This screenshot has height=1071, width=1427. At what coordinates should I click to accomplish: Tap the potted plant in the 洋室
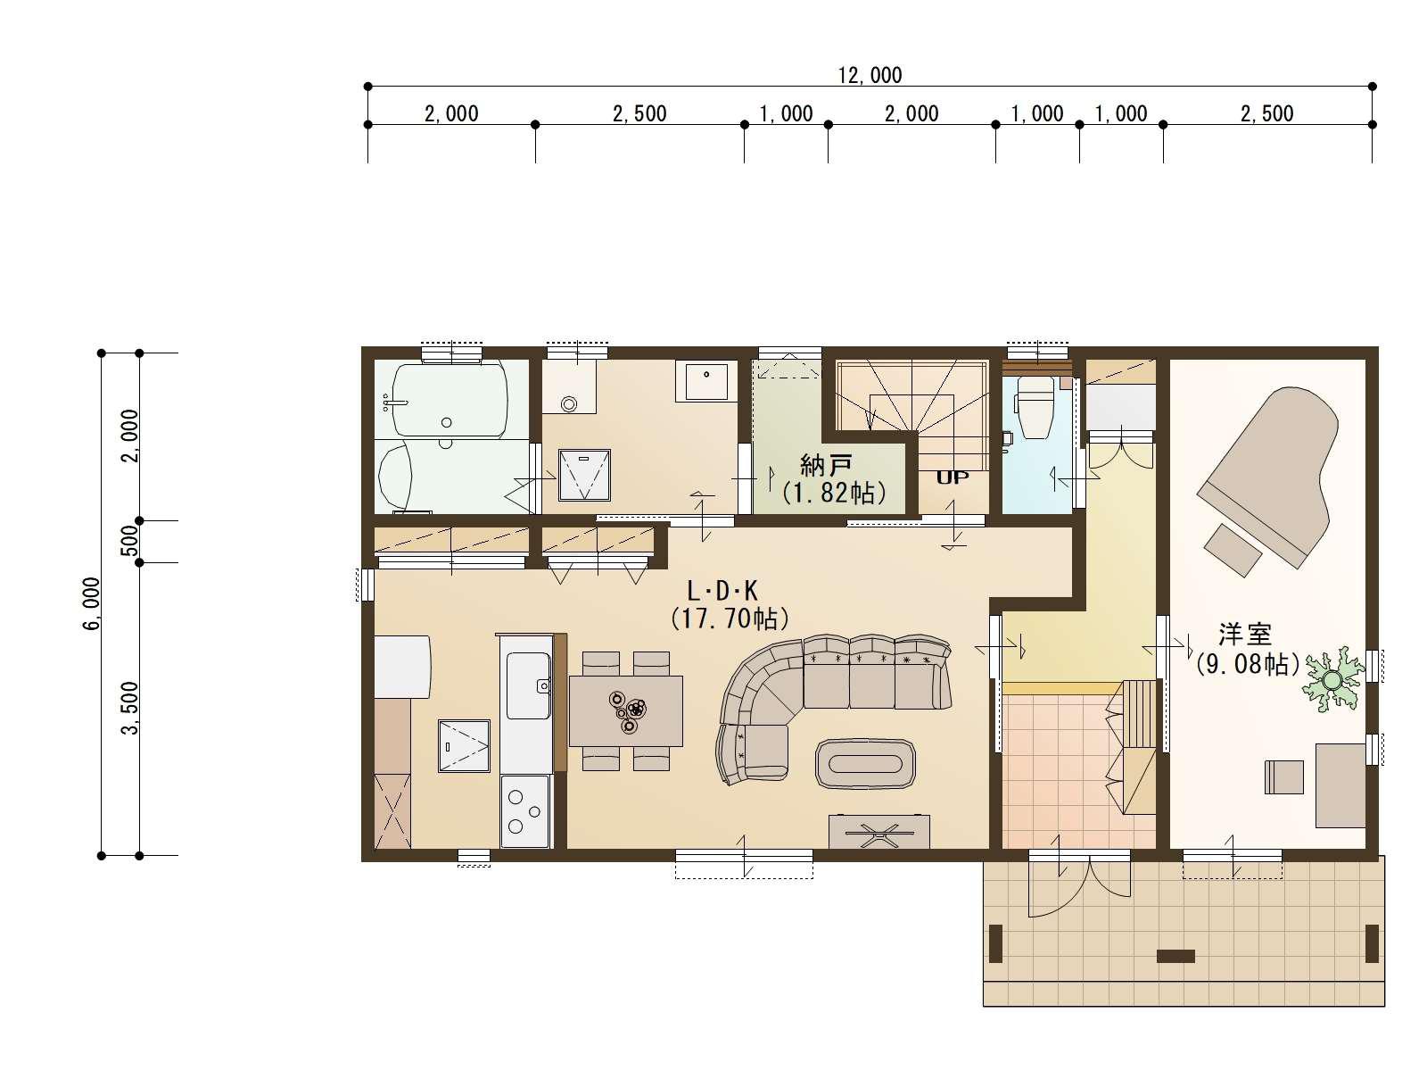coord(1331,679)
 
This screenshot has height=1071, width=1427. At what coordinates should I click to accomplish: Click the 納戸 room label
coord(825,466)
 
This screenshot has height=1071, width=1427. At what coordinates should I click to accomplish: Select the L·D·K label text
coord(722,591)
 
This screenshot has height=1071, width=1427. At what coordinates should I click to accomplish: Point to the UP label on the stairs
coord(953,477)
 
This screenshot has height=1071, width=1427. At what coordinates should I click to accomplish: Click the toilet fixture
coord(1035,408)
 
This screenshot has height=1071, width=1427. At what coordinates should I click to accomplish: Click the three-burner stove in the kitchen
coord(524,811)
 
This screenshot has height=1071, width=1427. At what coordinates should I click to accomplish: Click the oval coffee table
coord(865,764)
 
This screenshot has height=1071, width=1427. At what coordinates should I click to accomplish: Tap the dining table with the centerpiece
coord(625,710)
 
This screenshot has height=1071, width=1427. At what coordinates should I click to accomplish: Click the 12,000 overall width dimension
coord(870,76)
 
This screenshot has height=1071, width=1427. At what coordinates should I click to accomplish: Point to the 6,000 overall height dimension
coord(92,603)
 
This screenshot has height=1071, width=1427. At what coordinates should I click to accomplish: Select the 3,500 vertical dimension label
coord(131,708)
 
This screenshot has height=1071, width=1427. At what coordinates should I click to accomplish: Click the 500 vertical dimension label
coord(131,541)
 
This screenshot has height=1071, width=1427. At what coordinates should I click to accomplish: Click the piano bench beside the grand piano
coord(1233,550)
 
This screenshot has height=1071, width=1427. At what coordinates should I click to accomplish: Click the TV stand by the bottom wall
coord(879,832)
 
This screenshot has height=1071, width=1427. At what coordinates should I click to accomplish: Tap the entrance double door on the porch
coord(1078,886)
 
